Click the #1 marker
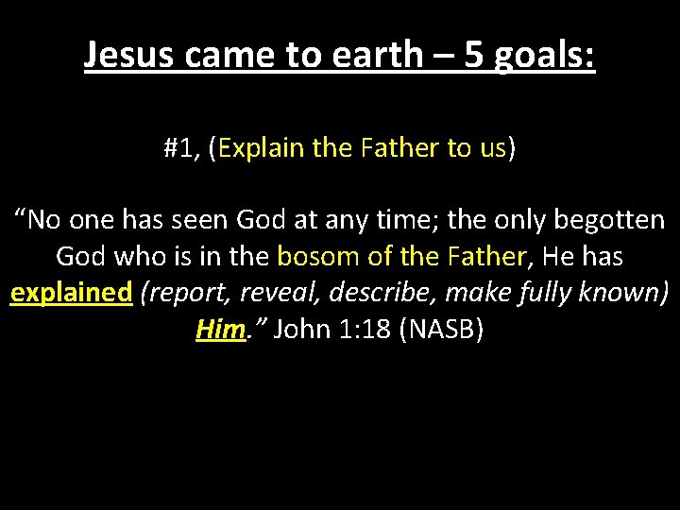click(x=179, y=148)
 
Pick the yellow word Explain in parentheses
click(x=258, y=148)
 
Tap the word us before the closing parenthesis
click(x=492, y=148)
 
